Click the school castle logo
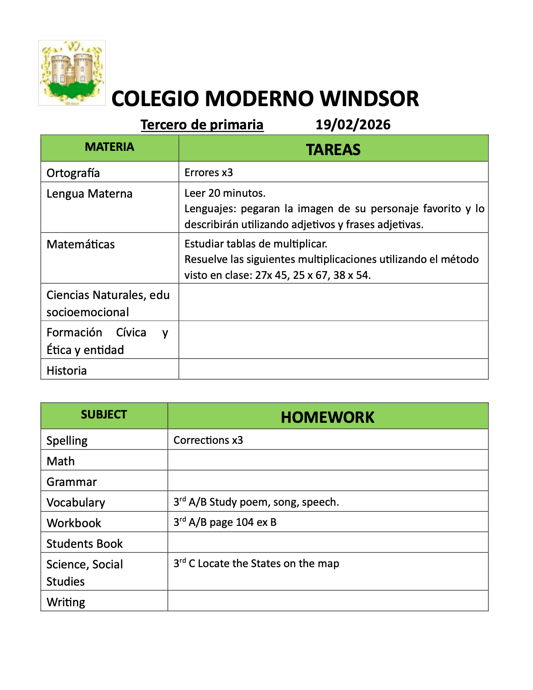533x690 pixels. click(x=72, y=73)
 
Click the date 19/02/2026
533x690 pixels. click(x=353, y=125)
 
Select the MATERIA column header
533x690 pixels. click(x=110, y=147)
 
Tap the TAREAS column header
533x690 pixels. click(x=333, y=150)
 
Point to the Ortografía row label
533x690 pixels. click(x=73, y=173)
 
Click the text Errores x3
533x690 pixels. click(x=208, y=172)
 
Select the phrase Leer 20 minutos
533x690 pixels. click(x=225, y=193)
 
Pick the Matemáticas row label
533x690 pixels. click(x=81, y=244)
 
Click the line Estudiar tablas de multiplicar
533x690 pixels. click(x=256, y=244)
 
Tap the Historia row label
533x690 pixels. click(x=67, y=370)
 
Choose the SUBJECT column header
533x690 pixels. click(x=104, y=415)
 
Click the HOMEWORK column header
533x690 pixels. click(x=328, y=417)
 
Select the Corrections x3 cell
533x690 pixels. click(x=208, y=440)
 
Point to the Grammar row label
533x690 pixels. click(x=72, y=482)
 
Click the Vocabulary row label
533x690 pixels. click(x=76, y=502)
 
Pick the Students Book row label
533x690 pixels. click(x=85, y=543)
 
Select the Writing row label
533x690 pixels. click(x=66, y=602)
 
